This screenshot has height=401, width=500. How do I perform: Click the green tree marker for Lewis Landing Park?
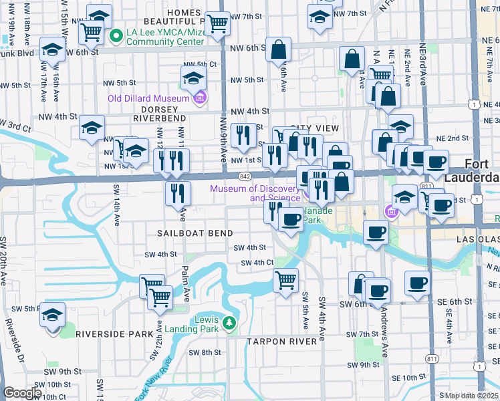pos(229,324)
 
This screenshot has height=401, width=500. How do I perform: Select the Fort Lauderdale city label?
pos(483,171)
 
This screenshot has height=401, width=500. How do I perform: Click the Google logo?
pos(21,393)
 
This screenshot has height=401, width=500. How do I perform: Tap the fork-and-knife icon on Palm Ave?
pos(178,193)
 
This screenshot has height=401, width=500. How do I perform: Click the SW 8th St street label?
pos(205,352)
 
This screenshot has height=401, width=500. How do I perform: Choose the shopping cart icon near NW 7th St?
pos(217,23)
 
